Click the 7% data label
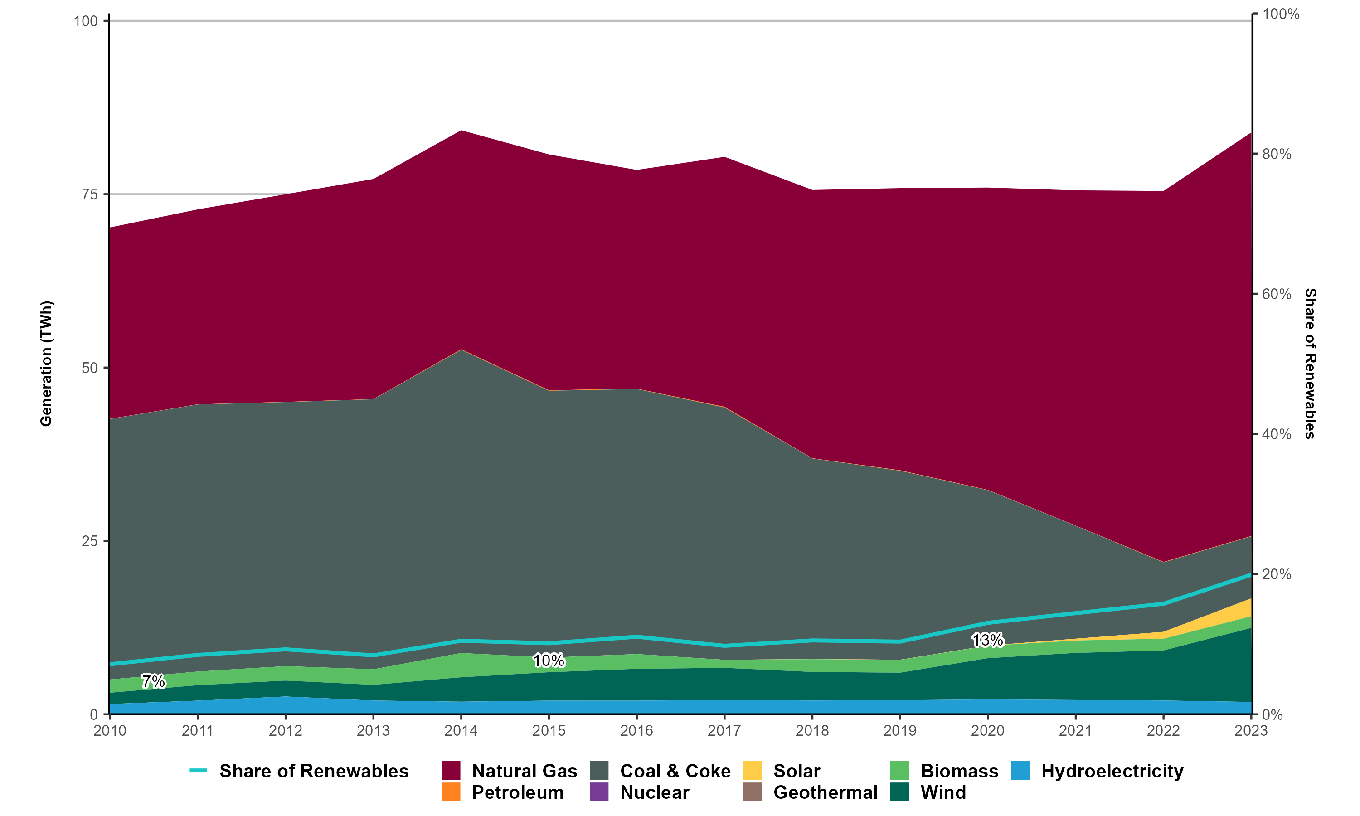tap(153, 681)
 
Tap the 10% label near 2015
tap(549, 661)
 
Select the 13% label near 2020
tap(988, 640)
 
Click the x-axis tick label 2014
tap(461, 730)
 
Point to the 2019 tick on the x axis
tap(900, 730)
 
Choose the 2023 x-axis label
tap(1251, 730)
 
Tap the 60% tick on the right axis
tap(1277, 294)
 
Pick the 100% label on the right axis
tap(1280, 15)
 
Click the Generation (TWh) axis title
tap(46, 364)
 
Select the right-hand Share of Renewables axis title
tap(1311, 364)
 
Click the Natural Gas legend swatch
tap(451, 771)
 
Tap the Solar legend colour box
tap(753, 771)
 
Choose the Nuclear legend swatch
tap(599, 792)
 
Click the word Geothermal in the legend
tap(825, 792)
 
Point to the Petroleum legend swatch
tap(451, 792)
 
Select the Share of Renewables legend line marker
tap(198, 771)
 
